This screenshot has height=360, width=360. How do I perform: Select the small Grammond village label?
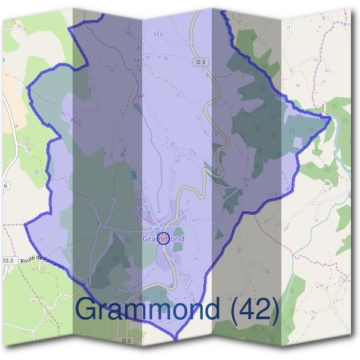163,239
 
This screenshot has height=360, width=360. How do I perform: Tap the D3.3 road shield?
8,260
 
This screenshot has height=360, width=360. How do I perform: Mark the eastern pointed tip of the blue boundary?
331,118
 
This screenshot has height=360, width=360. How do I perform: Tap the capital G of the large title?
88,310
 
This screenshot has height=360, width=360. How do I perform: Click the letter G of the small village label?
145,239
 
